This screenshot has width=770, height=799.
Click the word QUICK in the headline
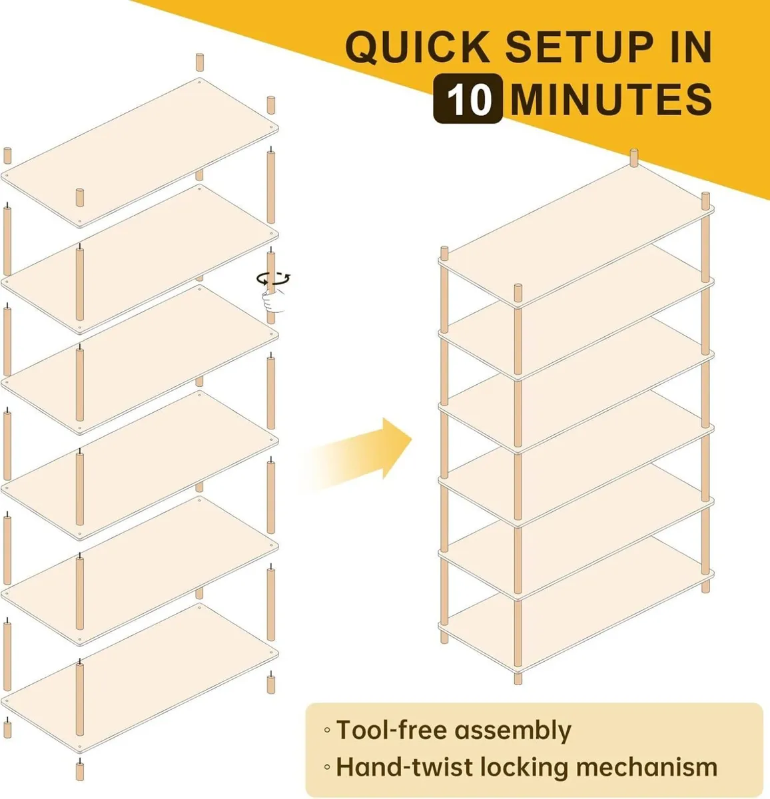click(418, 47)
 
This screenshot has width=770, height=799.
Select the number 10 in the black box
click(468, 99)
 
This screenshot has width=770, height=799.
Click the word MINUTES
click(611, 99)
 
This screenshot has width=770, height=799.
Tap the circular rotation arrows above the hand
click(274, 278)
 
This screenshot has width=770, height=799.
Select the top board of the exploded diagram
click(140, 153)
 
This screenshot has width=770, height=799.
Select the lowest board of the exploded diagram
click(140, 679)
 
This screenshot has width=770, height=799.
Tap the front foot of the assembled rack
click(518, 678)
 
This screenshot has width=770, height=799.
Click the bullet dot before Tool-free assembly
click(326, 731)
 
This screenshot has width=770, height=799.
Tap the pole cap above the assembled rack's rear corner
click(633, 157)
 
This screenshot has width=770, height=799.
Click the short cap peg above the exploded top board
click(199, 61)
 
